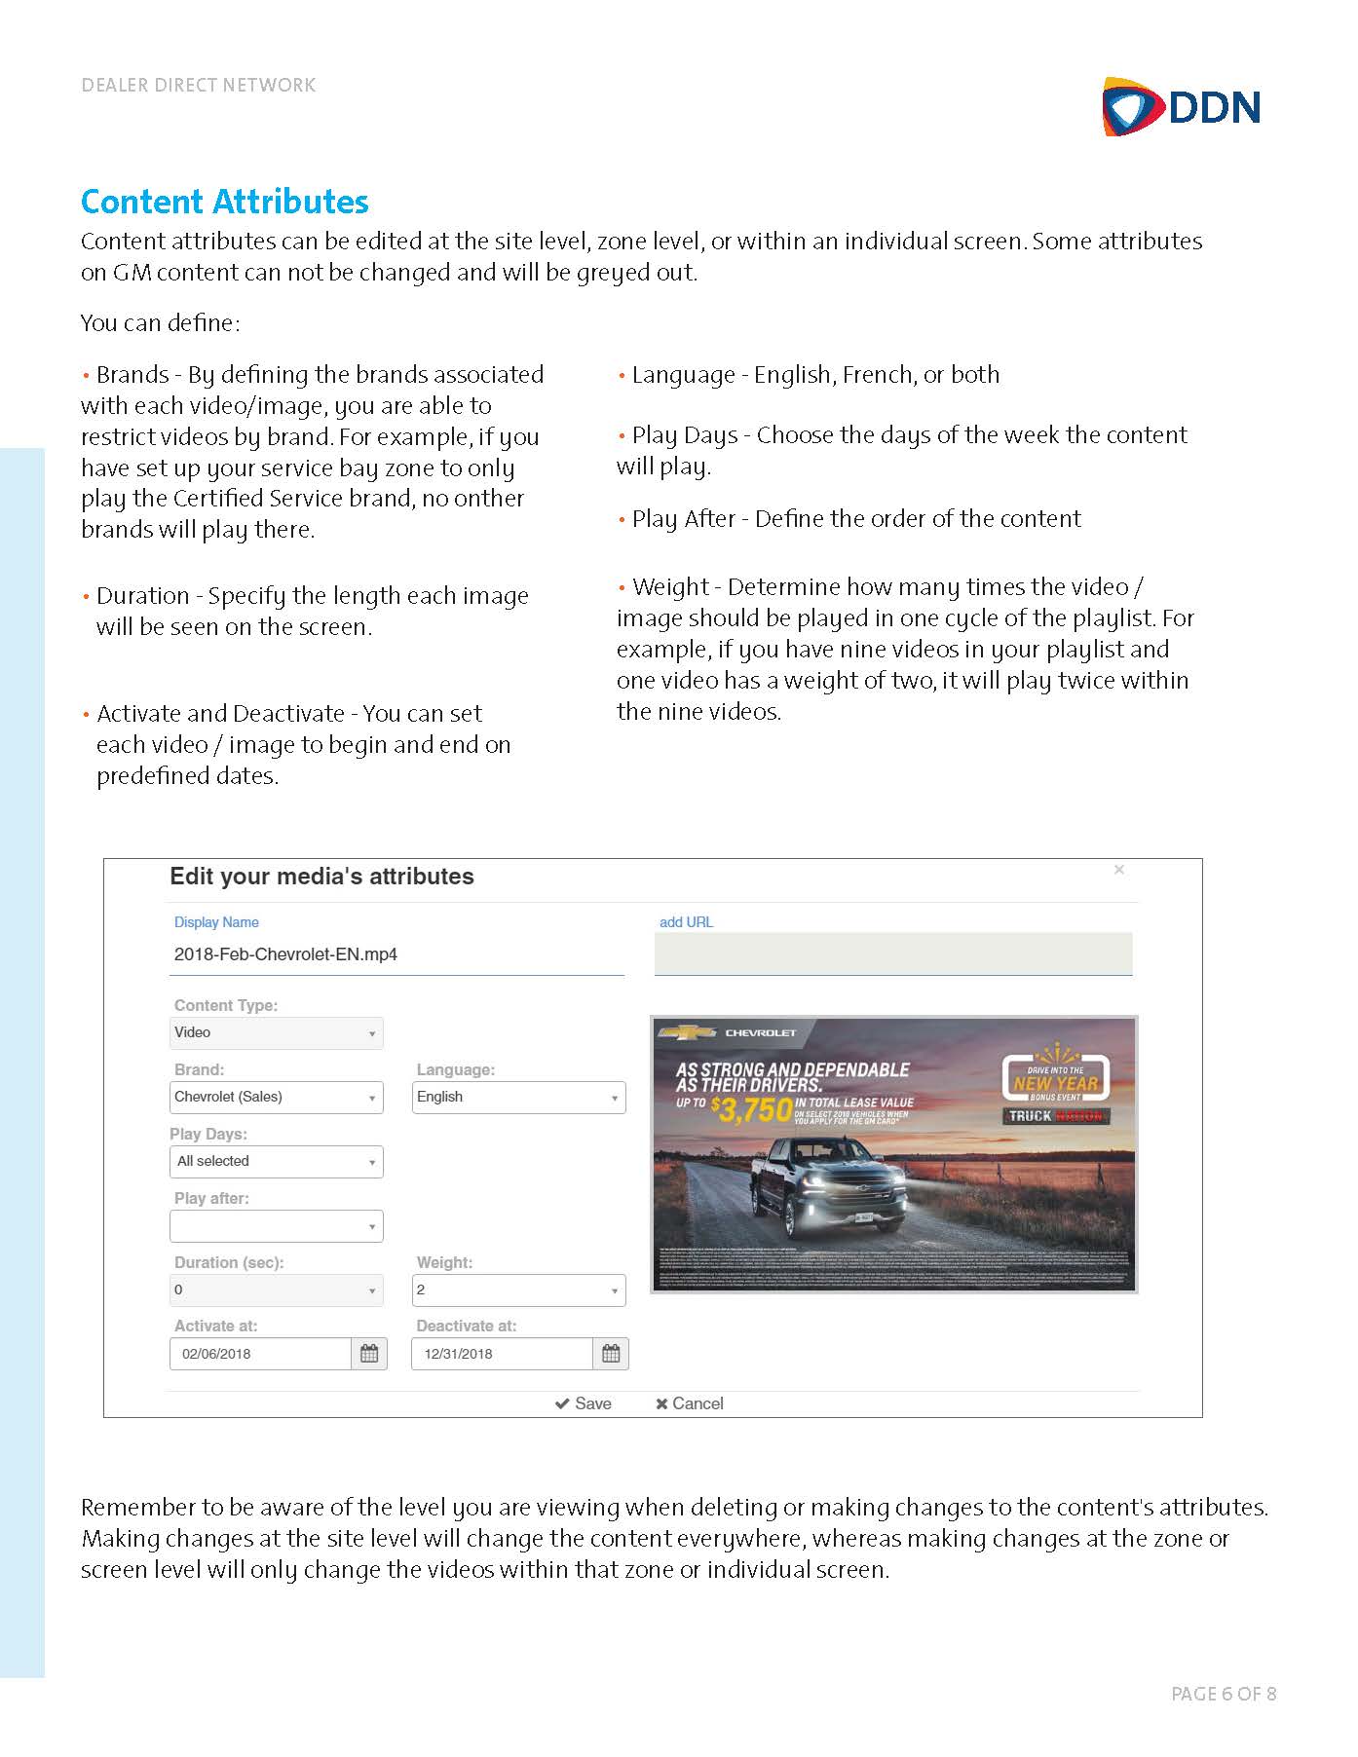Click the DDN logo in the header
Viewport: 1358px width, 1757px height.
pos(1181,106)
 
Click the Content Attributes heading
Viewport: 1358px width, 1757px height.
pos(224,202)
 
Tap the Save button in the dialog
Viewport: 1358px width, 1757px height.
pos(583,1403)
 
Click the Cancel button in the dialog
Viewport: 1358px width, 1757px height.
pos(689,1403)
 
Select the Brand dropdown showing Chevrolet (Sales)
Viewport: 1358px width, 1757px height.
pos(276,1098)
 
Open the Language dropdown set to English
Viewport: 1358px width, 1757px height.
pos(518,1098)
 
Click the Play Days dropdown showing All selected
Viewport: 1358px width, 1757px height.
pos(276,1162)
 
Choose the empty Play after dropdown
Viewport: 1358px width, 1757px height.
pos(276,1226)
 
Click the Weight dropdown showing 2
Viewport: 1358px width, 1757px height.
pos(518,1290)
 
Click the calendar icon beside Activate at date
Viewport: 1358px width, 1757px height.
pos(369,1354)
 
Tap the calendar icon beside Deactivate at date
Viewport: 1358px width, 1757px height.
pos(611,1354)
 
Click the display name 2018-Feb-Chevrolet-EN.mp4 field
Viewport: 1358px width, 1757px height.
pos(396,954)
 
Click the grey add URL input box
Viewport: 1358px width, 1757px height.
pos(892,953)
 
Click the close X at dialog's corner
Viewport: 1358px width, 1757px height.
pos(1119,870)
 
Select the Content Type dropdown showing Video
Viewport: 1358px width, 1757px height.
pos(276,1033)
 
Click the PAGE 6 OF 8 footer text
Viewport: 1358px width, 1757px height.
pos(1223,1694)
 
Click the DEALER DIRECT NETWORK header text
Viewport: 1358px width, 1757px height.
pos(199,86)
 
